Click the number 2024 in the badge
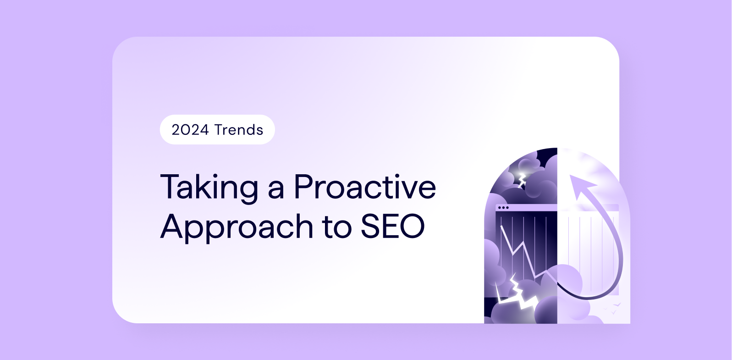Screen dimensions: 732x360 190,130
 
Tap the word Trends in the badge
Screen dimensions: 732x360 239,130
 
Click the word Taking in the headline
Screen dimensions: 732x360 209,188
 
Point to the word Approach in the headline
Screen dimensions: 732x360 237,227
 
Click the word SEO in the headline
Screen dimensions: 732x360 392,226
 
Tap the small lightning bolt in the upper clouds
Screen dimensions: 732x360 522,180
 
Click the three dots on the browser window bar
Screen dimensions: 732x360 503,208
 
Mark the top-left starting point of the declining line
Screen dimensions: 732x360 501,226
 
